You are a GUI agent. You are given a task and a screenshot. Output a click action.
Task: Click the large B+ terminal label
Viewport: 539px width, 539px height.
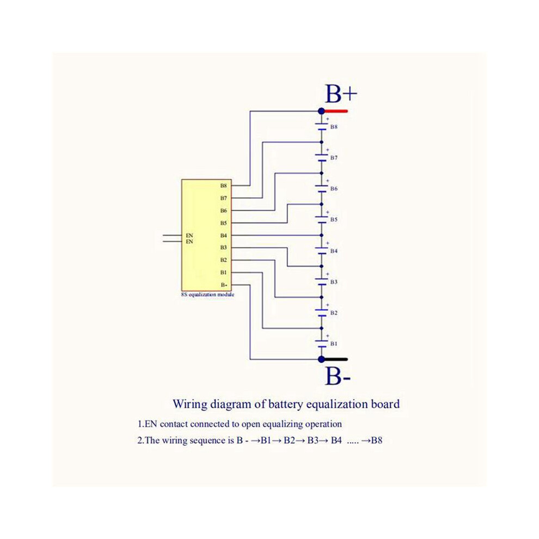point(341,94)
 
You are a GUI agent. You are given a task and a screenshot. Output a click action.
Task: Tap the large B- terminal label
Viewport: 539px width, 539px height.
point(338,376)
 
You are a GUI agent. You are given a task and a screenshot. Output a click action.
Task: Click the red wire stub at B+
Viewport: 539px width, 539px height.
point(336,112)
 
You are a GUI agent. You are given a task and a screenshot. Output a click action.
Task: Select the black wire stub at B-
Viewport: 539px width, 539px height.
point(336,359)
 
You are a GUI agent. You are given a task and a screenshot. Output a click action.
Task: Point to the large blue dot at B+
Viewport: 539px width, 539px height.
point(321,111)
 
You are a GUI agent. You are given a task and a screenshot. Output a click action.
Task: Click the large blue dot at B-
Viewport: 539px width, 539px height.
point(321,359)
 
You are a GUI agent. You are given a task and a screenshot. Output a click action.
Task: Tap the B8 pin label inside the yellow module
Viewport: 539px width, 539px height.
point(224,186)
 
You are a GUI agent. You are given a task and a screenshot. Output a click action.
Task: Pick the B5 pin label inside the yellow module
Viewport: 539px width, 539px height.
point(224,223)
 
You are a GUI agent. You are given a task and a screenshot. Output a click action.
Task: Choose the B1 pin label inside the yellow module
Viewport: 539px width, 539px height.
point(224,273)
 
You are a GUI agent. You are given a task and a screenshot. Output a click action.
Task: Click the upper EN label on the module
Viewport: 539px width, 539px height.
point(189,235)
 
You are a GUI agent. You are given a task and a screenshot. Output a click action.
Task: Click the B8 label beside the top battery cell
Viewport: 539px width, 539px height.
point(334,127)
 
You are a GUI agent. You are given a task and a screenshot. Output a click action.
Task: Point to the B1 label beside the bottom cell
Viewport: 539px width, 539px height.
point(334,344)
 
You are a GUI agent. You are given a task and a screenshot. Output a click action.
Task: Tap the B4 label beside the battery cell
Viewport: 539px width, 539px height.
point(334,251)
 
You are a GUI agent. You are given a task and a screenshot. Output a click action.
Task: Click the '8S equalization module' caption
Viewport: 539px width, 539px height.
point(207,295)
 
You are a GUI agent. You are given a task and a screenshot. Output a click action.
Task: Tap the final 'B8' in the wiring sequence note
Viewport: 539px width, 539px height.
point(377,440)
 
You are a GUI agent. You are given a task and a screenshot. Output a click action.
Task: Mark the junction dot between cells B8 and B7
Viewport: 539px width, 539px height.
point(321,142)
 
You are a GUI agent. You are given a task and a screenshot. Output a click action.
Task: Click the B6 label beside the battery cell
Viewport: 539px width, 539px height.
point(334,189)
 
